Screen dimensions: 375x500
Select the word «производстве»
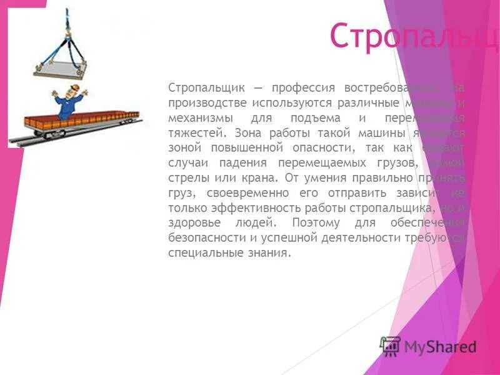point(207,102)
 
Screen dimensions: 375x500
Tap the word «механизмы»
point(197,117)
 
